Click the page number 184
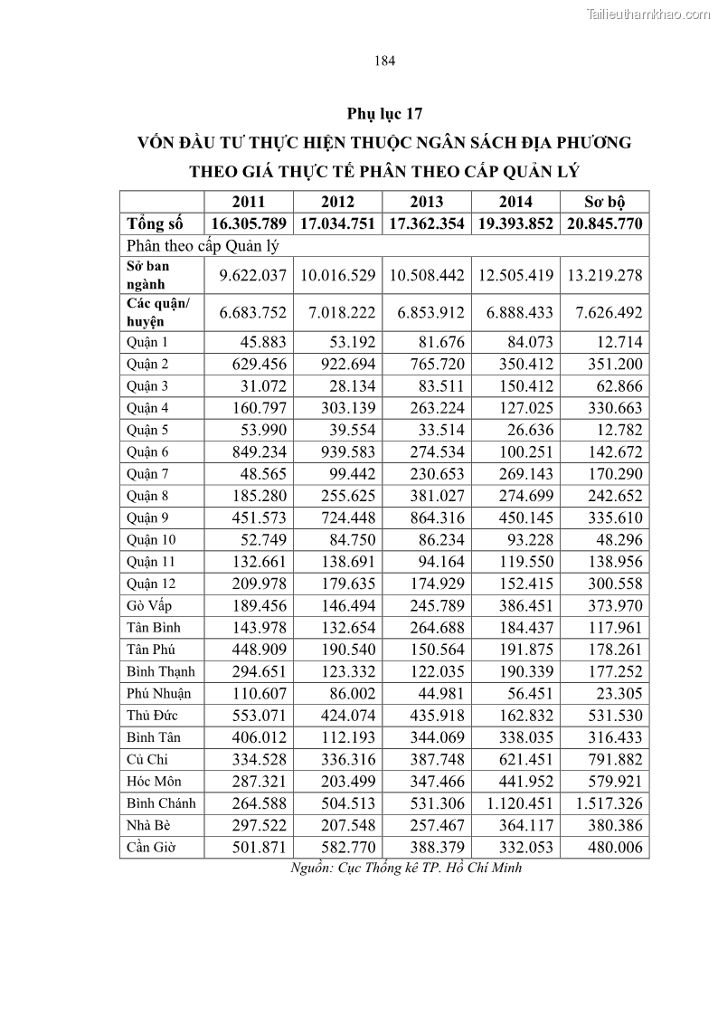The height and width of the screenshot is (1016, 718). pos(384,62)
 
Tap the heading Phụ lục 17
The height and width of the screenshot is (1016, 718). pos(384,114)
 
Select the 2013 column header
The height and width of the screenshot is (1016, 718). pos(427,202)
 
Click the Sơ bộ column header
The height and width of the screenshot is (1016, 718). pos(605,202)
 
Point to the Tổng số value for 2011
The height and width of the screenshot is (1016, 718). pos(249,224)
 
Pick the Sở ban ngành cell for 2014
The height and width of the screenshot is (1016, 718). pos(515,275)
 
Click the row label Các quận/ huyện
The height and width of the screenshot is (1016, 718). pos(159,312)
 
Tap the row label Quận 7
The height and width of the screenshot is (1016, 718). pos(148,474)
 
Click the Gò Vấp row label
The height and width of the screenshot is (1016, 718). pos(149,605)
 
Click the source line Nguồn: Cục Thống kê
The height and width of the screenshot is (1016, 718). pos(406,868)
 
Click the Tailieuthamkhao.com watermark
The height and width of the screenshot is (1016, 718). pos(648,14)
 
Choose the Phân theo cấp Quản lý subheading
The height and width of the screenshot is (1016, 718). pos(203,245)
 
